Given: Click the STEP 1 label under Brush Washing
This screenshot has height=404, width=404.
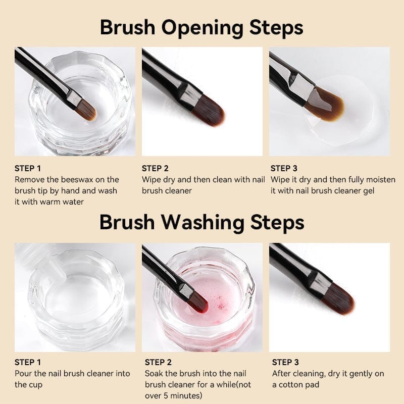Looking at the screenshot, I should pyautogui.click(x=28, y=362).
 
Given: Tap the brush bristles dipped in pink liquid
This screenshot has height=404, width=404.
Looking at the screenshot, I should pyautogui.click(x=197, y=302).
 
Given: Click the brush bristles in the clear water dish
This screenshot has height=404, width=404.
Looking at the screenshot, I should pyautogui.click(x=86, y=110).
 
